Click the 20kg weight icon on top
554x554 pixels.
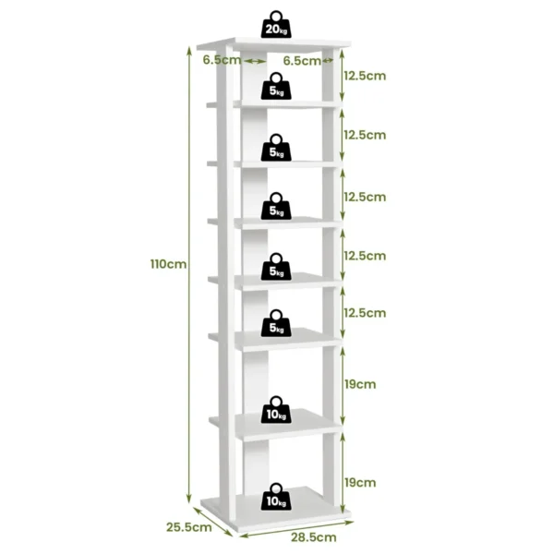[275, 25]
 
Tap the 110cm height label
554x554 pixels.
[169, 263]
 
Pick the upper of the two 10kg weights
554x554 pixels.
[275, 410]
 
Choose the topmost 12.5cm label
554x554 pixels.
[364, 75]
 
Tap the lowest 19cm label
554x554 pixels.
[359, 482]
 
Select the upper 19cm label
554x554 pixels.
[359, 381]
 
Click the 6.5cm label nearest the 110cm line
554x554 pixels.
[222, 60]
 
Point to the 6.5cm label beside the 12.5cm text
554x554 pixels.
[302, 60]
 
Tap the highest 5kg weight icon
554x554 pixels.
[275, 87]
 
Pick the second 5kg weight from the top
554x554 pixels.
[275, 148]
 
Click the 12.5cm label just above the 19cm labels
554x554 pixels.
[364, 313]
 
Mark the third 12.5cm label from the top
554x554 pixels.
[364, 197]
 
